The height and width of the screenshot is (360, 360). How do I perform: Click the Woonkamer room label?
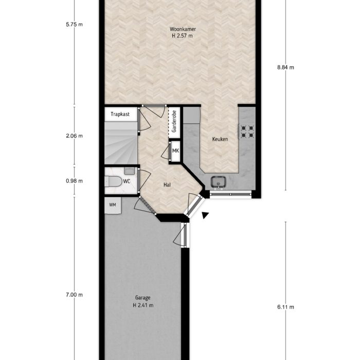pos(183,29)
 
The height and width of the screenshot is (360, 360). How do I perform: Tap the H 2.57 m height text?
pos(183,36)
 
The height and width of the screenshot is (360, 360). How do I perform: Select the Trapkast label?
pos(120,114)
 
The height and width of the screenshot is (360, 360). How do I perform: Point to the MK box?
pos(176,151)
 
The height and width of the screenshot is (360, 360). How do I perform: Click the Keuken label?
pos(220,139)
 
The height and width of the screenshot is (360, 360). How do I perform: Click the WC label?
pos(127,181)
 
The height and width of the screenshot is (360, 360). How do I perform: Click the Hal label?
pos(167,184)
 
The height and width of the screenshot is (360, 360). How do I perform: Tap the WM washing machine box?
pos(113,205)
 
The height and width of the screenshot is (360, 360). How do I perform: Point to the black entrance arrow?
pos(206,216)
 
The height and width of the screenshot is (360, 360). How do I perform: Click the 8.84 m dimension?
pos(285,67)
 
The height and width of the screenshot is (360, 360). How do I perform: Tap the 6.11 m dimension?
pos(285,307)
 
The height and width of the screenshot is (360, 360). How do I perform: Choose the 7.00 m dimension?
pos(75,295)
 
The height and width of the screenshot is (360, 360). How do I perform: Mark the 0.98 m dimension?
pos(75,181)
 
